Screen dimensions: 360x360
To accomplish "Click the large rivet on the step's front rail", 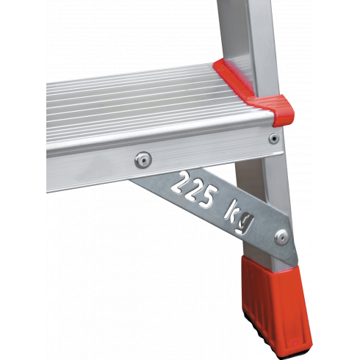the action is click(x=143, y=160).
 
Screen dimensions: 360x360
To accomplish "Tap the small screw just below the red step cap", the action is click(x=274, y=139).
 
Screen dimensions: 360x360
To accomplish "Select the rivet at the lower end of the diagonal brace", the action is click(x=281, y=237).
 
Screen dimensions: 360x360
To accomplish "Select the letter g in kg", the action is click(x=245, y=224).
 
